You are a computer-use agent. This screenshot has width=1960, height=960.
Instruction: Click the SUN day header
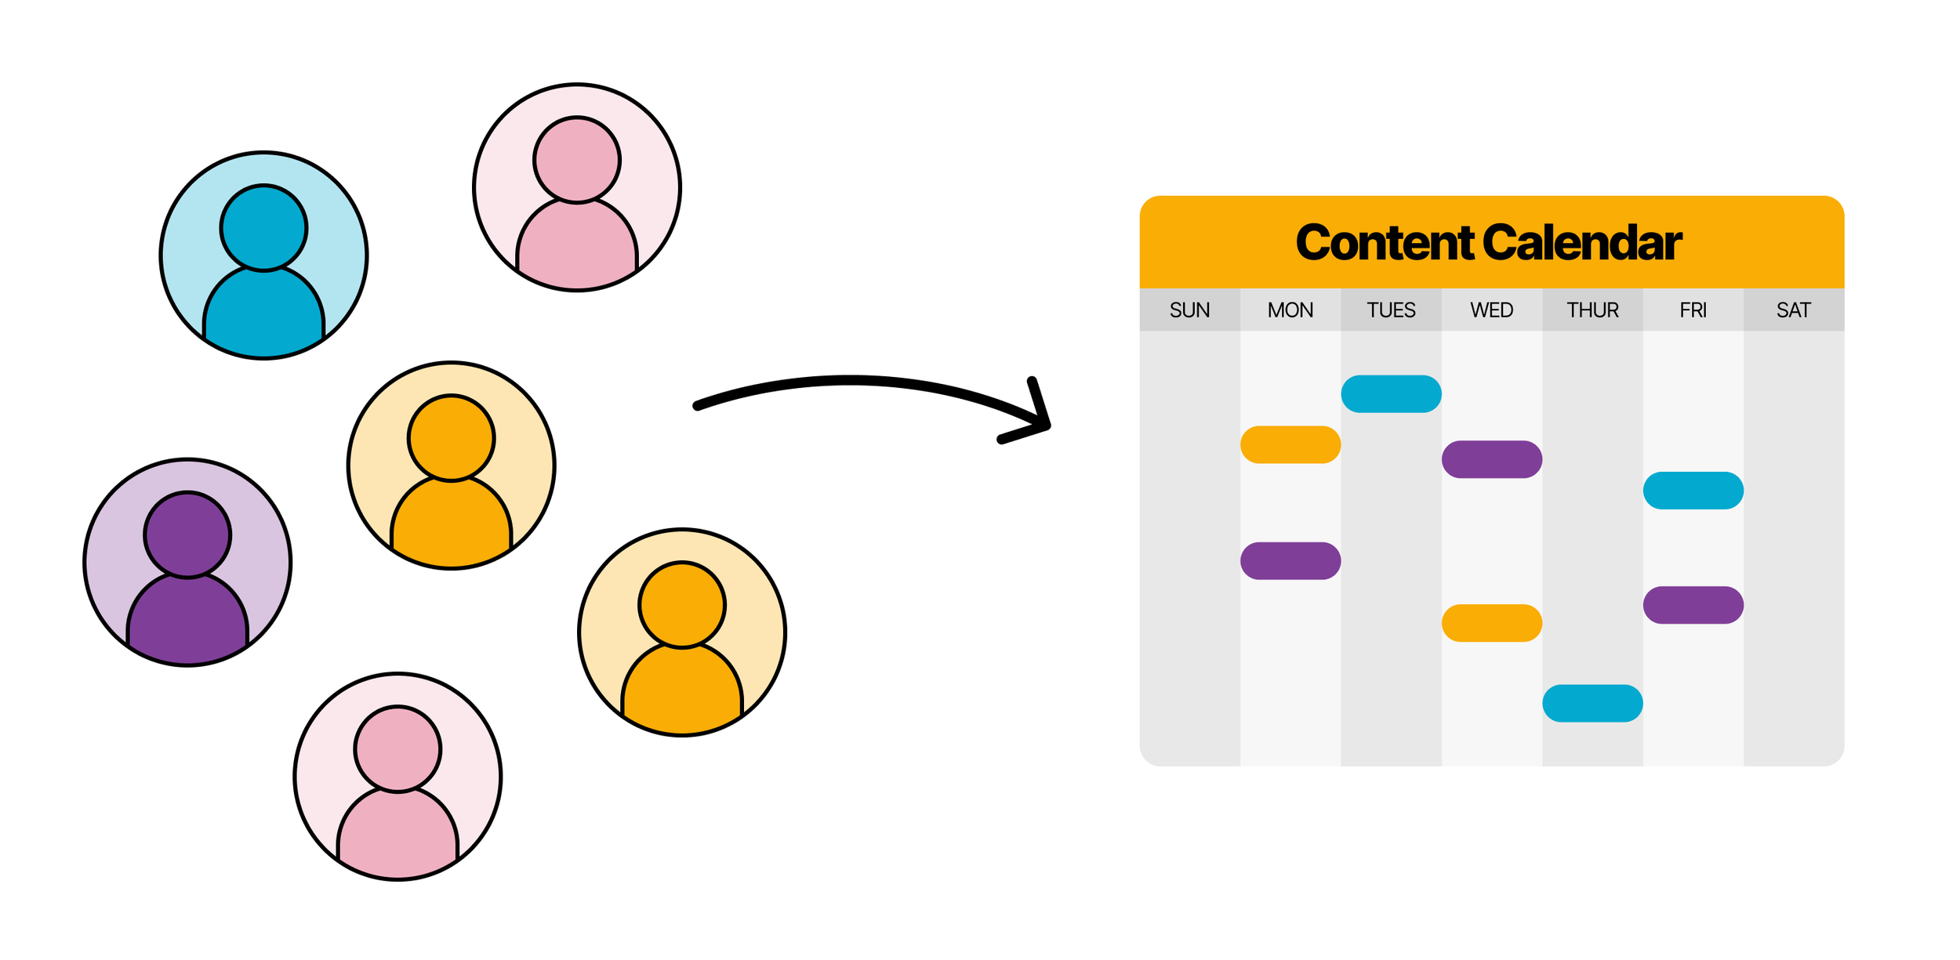click(x=1189, y=310)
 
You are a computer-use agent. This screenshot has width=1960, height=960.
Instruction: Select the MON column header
click(x=1290, y=310)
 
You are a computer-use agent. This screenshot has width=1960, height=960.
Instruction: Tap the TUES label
click(x=1391, y=310)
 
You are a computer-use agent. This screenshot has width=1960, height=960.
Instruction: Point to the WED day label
click(x=1491, y=310)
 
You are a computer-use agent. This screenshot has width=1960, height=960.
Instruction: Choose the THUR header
click(x=1592, y=310)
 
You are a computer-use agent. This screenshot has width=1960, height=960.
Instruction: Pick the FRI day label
click(x=1693, y=310)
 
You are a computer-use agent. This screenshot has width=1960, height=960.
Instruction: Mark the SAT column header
click(x=1794, y=310)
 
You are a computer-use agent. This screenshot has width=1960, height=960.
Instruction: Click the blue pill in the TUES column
click(x=1391, y=394)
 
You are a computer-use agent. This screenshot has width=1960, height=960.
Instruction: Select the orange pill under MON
click(x=1290, y=445)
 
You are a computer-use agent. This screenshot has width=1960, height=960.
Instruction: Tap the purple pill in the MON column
click(x=1290, y=561)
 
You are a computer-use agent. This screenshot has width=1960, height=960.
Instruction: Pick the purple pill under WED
click(x=1492, y=459)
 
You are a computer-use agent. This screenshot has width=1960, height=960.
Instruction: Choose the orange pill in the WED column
click(x=1492, y=623)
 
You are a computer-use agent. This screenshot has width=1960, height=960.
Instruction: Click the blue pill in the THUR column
click(x=1592, y=704)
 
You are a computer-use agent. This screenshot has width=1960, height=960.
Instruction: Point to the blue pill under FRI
click(x=1693, y=491)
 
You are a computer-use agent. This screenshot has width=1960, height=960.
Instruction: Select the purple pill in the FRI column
click(x=1693, y=605)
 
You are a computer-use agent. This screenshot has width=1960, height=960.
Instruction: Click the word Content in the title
click(x=1385, y=243)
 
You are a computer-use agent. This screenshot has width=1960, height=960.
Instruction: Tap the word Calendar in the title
click(x=1582, y=243)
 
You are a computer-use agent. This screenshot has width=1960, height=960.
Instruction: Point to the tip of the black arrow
click(x=1047, y=426)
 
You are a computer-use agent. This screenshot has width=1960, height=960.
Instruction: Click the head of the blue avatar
click(x=263, y=228)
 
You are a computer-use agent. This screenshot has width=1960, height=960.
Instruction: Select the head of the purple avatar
click(x=187, y=535)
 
